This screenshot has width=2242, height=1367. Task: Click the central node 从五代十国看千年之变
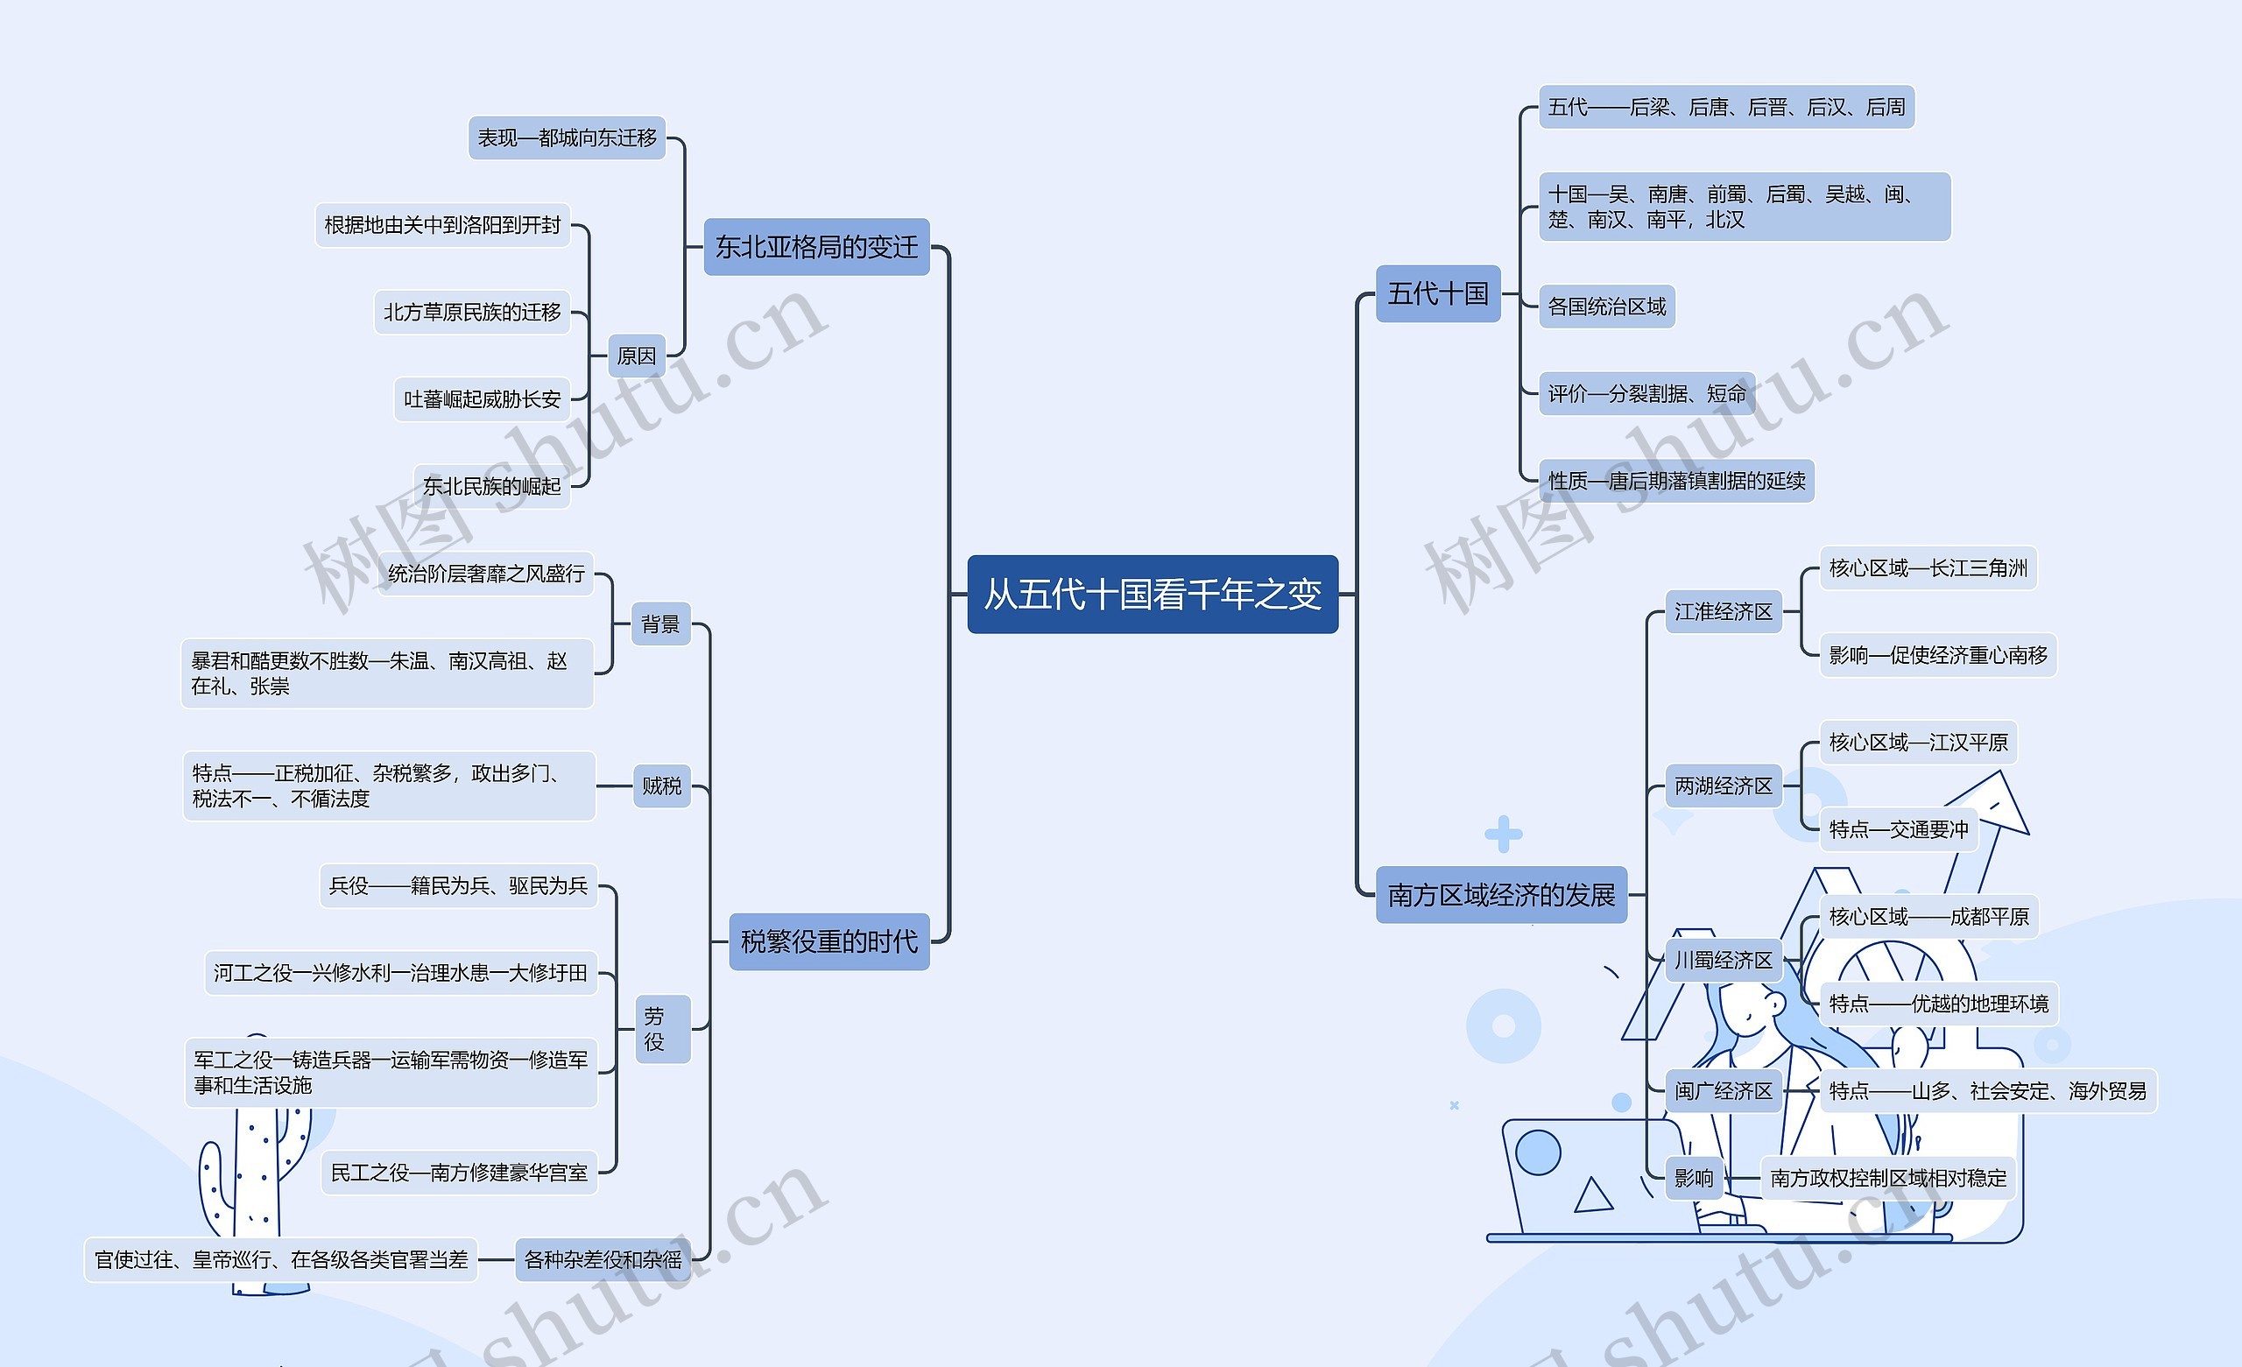click(x=1152, y=595)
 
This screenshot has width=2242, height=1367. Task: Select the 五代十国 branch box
click(x=1438, y=293)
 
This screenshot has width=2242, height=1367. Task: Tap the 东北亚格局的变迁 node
click(x=816, y=247)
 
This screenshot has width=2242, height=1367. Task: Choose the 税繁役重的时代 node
click(x=828, y=941)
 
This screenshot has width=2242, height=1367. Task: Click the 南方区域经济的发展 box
click(x=1500, y=895)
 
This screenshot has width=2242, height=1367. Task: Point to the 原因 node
click(x=636, y=356)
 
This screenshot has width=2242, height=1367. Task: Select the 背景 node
click(x=660, y=624)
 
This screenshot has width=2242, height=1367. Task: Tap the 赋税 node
click(x=661, y=786)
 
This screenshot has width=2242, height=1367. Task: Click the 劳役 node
click(x=654, y=1028)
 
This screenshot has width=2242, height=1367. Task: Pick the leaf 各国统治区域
click(x=1607, y=307)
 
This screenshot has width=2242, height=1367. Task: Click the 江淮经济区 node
click(x=1723, y=611)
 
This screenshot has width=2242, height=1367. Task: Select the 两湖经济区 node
click(x=1723, y=786)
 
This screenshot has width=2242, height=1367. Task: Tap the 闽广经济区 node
click(x=1723, y=1090)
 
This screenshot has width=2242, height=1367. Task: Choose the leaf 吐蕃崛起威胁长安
click(x=483, y=399)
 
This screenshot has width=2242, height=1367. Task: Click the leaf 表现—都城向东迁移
click(x=567, y=138)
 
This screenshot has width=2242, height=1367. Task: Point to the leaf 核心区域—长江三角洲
click(x=1928, y=569)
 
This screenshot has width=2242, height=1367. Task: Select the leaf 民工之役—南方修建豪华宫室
click(x=459, y=1173)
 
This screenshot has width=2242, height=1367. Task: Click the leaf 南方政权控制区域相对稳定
click(x=1887, y=1178)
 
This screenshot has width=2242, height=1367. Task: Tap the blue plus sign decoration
click(x=1503, y=834)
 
